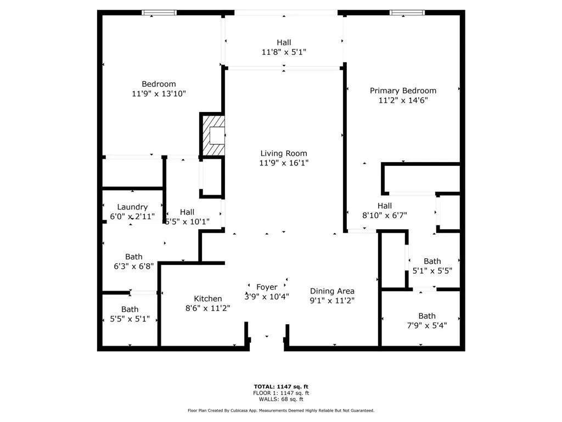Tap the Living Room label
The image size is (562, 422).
tap(283, 153)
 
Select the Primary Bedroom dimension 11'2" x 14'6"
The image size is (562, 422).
tap(403, 100)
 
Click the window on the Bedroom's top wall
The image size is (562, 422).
tap(159, 13)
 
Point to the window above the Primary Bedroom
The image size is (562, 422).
tap(407, 13)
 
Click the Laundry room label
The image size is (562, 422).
tap(132, 207)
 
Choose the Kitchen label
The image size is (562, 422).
tap(207, 298)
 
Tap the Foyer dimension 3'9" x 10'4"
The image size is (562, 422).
tap(267, 296)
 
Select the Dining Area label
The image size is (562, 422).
tap(332, 291)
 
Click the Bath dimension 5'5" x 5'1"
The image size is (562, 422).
tap(130, 319)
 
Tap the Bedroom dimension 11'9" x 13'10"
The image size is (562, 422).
tap(159, 93)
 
